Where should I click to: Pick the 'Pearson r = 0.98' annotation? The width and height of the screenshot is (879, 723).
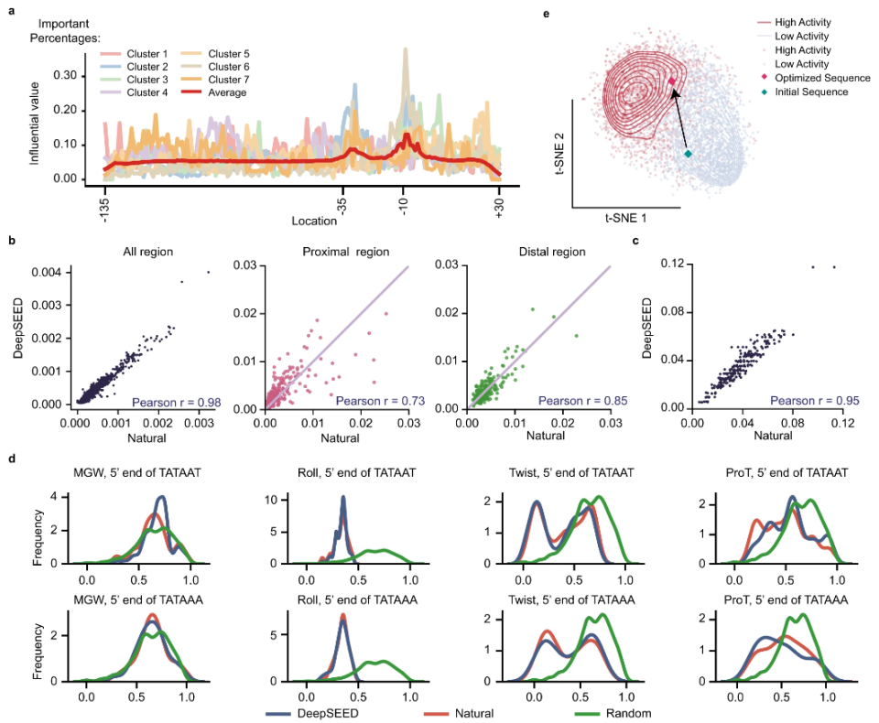click(x=179, y=400)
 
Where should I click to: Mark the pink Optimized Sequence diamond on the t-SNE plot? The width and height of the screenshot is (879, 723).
click(x=671, y=81)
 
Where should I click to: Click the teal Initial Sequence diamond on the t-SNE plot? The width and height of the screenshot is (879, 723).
click(x=689, y=155)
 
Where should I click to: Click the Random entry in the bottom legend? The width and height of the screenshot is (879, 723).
click(x=631, y=713)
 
